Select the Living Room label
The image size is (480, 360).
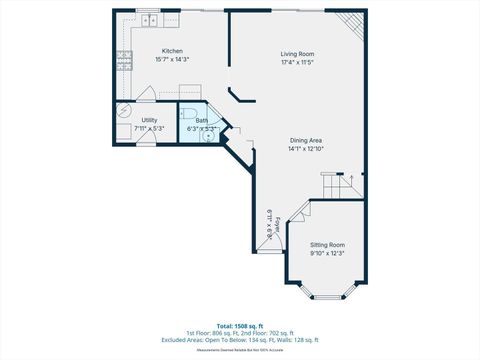[x=297, y=53]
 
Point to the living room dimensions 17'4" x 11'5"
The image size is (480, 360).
[x=297, y=62]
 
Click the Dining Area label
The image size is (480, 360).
[x=307, y=141]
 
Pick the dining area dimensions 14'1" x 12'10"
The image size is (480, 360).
[x=307, y=150]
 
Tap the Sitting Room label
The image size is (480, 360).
[x=327, y=244]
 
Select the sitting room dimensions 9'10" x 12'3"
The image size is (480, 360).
[x=327, y=253]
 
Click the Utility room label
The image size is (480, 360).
[x=121, y=120]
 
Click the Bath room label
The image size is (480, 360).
[x=201, y=120]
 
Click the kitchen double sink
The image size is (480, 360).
[x=148, y=19]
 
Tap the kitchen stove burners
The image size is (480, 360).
[x=124, y=60]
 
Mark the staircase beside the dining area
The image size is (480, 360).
[x=340, y=185]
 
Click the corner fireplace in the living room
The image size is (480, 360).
[x=351, y=24]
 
